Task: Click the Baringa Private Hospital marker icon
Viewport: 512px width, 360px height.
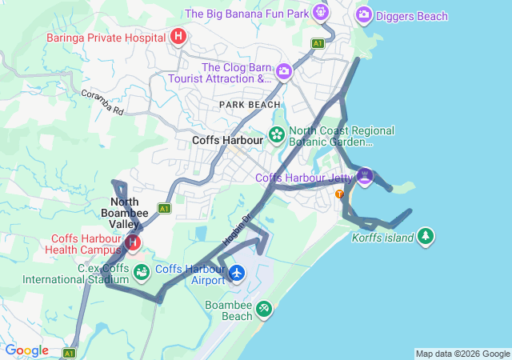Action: click(x=178, y=36)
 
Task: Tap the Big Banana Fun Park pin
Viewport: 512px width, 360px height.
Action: click(x=322, y=13)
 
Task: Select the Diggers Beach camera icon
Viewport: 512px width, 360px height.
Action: click(x=364, y=14)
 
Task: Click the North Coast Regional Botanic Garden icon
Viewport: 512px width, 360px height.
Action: click(x=277, y=134)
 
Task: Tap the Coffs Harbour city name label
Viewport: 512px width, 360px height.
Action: click(x=228, y=140)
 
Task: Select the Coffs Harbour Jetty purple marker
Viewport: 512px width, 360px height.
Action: click(x=365, y=176)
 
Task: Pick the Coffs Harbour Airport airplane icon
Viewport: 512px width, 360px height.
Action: click(x=237, y=274)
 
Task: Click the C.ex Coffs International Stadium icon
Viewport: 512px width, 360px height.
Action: click(x=142, y=273)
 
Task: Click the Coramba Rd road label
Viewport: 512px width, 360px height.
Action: click(x=102, y=103)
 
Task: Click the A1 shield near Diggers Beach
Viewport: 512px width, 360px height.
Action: click(x=318, y=43)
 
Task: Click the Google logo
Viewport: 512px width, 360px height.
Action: click(x=26, y=350)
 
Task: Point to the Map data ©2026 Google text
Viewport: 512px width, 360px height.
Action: click(x=462, y=354)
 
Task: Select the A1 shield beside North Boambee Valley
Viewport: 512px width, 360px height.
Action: click(x=164, y=208)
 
